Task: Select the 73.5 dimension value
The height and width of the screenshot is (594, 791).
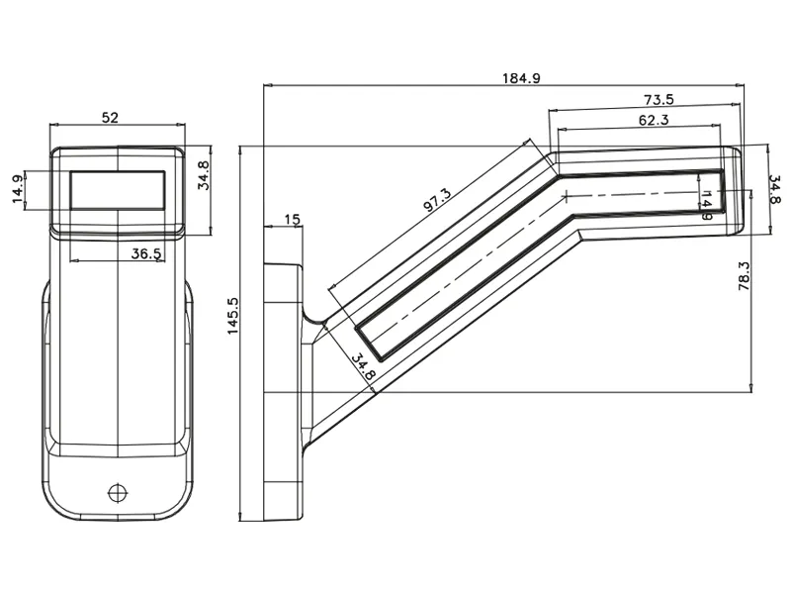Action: pos(659,99)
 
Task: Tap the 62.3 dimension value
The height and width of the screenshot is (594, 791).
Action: pos(654,120)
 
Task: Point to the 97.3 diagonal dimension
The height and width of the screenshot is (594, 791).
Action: pos(436,200)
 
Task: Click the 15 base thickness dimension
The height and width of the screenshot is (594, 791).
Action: pos(291,219)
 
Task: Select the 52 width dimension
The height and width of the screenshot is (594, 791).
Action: pos(110,117)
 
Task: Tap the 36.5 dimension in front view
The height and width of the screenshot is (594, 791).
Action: pos(146,253)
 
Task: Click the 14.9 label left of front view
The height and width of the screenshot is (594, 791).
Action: pos(18,189)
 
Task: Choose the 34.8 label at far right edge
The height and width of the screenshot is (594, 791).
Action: pos(774,189)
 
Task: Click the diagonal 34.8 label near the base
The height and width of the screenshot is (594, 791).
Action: pos(363,366)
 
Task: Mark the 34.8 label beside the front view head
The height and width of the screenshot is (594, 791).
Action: pos(203,174)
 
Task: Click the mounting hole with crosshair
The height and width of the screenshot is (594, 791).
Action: pos(118,491)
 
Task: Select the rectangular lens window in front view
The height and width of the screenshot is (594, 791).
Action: pos(117,189)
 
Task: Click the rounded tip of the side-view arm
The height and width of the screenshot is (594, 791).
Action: pos(736,190)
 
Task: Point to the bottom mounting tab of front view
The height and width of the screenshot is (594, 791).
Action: pos(118,490)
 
